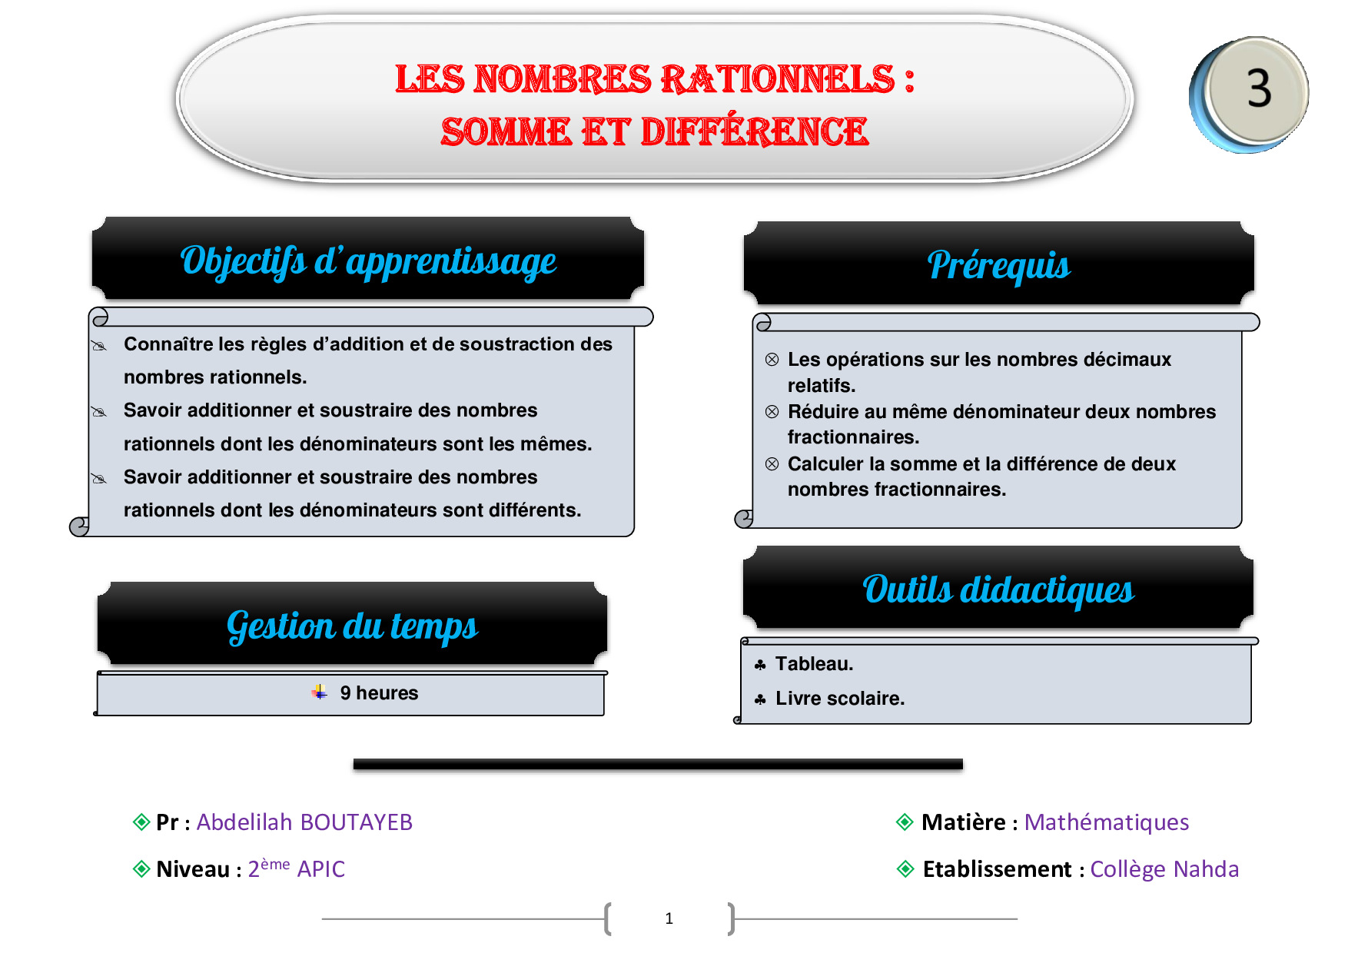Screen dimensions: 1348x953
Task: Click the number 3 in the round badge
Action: [x=1259, y=88]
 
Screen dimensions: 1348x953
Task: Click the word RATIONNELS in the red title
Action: [x=777, y=79]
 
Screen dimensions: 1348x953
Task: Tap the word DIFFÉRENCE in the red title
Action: [x=755, y=131]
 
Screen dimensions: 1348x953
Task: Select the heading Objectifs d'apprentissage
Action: [x=368, y=261]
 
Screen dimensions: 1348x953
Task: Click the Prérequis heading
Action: [x=998, y=266]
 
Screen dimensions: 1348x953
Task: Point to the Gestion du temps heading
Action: [x=352, y=626]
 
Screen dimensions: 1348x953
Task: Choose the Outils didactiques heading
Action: [x=998, y=589]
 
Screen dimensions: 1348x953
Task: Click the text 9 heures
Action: [x=379, y=693]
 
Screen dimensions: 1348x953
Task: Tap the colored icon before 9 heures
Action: [x=320, y=692]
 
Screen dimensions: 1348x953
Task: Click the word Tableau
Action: [x=814, y=664]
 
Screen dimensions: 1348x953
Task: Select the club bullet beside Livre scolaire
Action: [x=760, y=699]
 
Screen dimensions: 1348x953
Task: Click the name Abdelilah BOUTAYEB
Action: [x=304, y=822]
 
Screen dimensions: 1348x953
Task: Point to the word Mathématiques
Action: [x=1107, y=822]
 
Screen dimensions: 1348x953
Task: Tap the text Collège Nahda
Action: [x=1164, y=869]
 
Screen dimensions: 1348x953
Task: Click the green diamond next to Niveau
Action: [x=141, y=869]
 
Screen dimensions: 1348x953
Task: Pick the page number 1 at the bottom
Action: [x=669, y=918]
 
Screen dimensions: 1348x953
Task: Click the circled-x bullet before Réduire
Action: [x=772, y=412]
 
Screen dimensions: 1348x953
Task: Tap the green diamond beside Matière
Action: [x=905, y=822]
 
